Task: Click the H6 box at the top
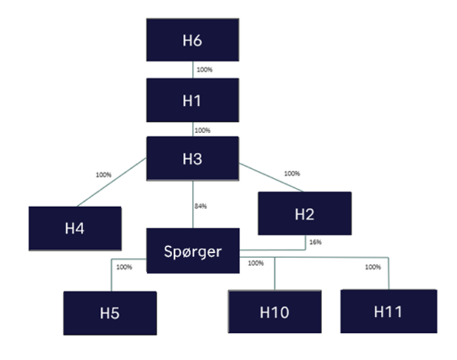[x=192, y=40]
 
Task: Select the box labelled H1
[x=192, y=100]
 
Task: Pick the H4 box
[x=75, y=228]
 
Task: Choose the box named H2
[x=304, y=213]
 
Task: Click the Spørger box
[x=192, y=251]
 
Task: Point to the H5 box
[x=110, y=313]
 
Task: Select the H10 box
[x=274, y=312]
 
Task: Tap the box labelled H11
[x=389, y=310]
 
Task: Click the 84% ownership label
[x=201, y=206]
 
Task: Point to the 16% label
[x=315, y=242]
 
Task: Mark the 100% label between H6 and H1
[x=204, y=69]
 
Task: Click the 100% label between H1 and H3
[x=202, y=130]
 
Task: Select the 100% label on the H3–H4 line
[x=103, y=175]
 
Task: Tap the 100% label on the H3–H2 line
[x=291, y=173]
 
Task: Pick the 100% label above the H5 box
[x=124, y=267]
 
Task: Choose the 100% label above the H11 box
[x=373, y=267]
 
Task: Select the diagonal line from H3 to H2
[x=272, y=177]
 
